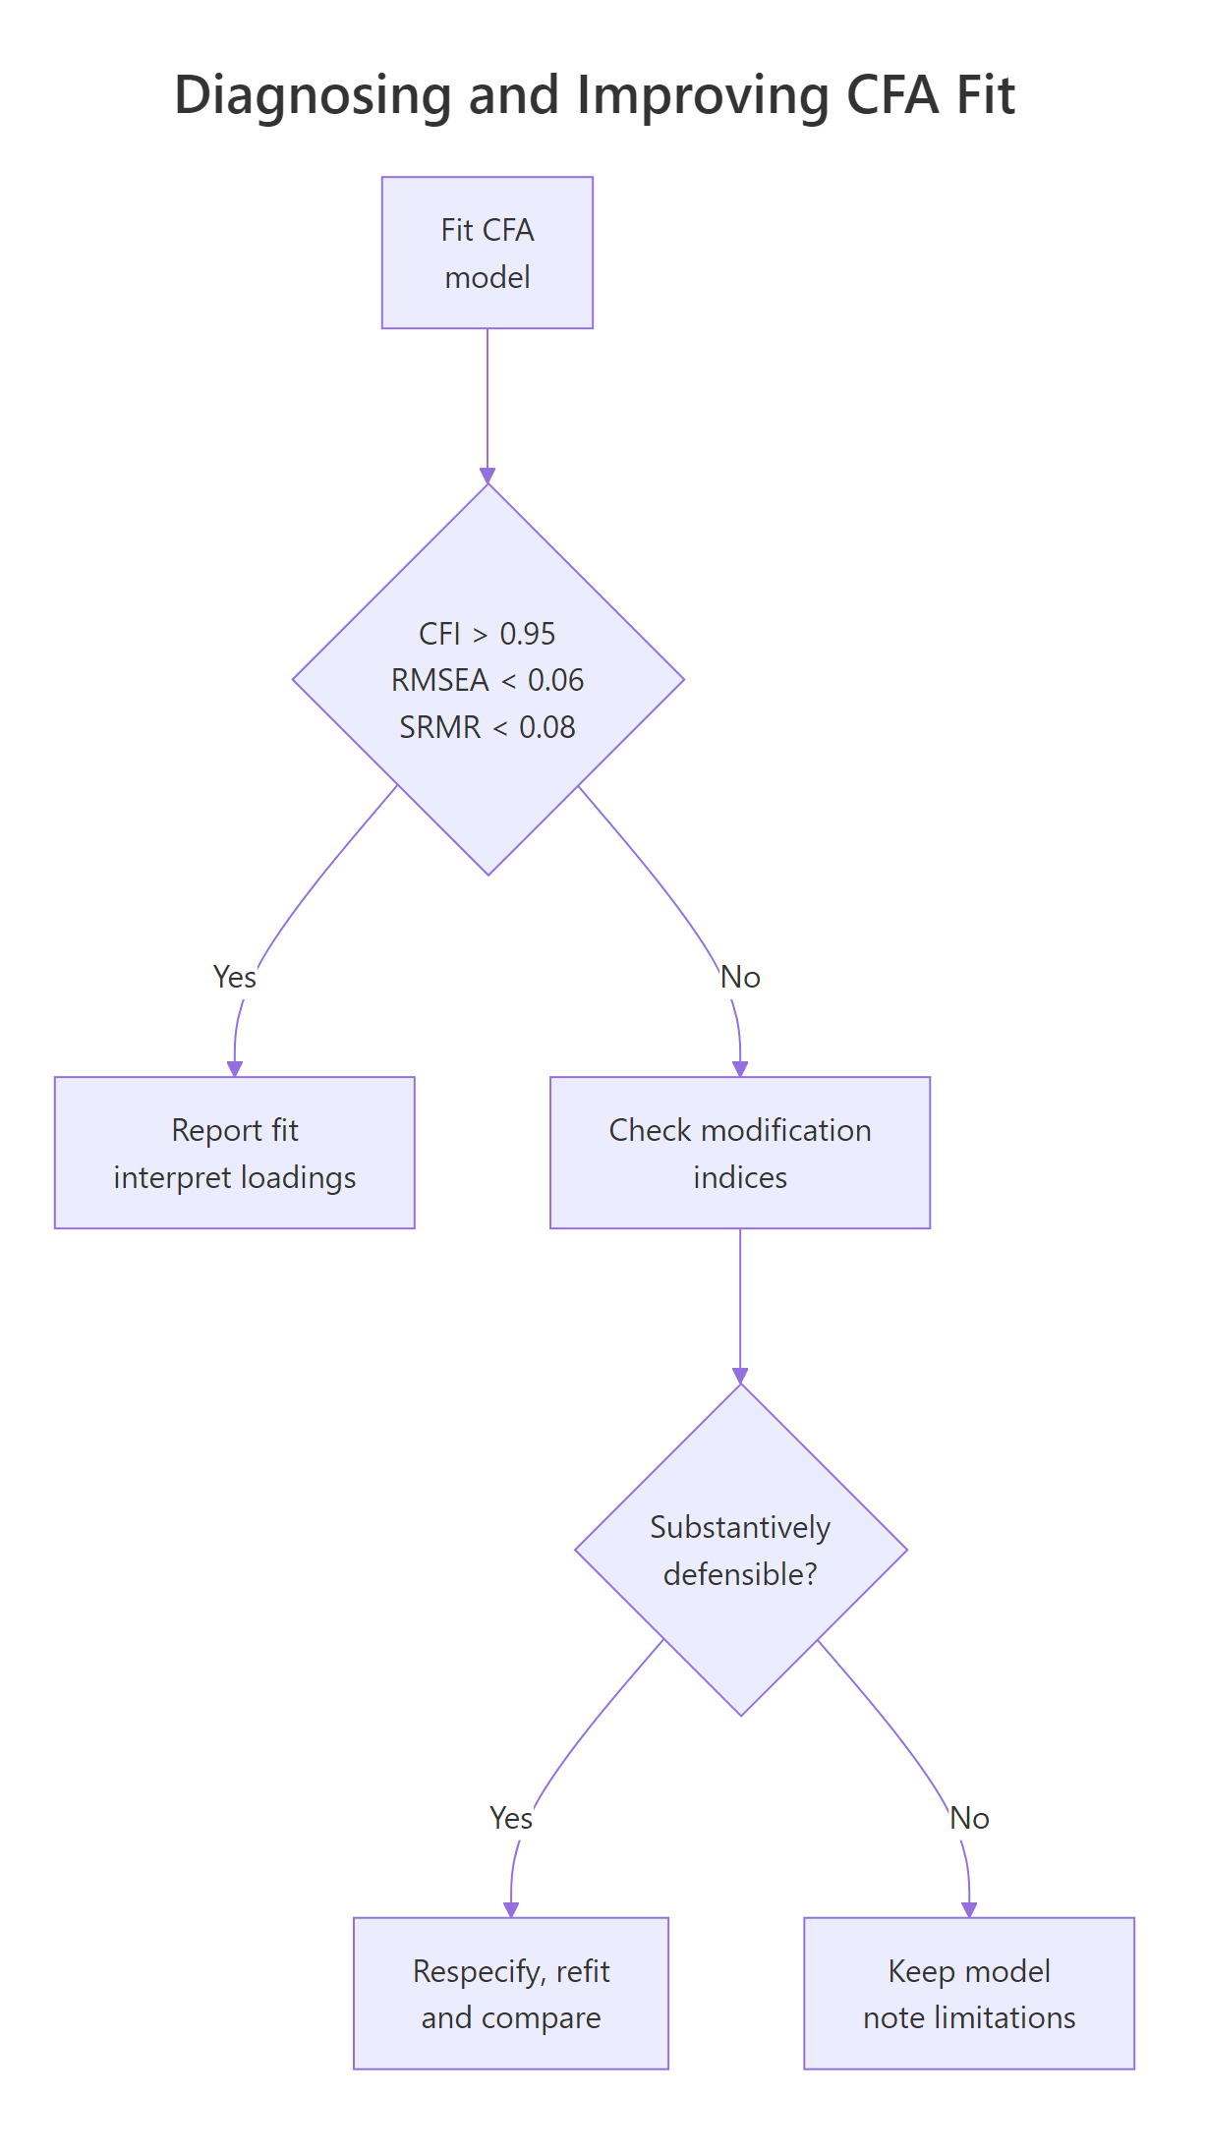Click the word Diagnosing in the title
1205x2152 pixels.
click(311, 96)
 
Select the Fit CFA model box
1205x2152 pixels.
click(487, 253)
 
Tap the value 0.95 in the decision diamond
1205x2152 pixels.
click(527, 634)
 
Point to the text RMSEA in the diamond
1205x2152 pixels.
click(439, 680)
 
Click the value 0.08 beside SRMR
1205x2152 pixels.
click(546, 727)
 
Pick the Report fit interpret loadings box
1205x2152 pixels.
click(234, 1153)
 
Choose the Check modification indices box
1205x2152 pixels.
click(739, 1153)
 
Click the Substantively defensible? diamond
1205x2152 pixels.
click(740, 1550)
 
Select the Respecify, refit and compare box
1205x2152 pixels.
click(510, 1993)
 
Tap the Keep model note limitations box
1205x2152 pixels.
click(968, 1993)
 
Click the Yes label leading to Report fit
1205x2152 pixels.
click(234, 977)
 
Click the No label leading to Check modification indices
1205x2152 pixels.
click(740, 977)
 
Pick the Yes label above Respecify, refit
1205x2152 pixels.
click(511, 1818)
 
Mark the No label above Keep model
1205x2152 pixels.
click(969, 1818)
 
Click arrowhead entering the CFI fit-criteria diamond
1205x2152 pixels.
click(488, 476)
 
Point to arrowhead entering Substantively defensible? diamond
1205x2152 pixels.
click(740, 1376)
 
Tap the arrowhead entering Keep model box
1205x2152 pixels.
click(969, 1909)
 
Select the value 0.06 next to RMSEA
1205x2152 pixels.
click(555, 680)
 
